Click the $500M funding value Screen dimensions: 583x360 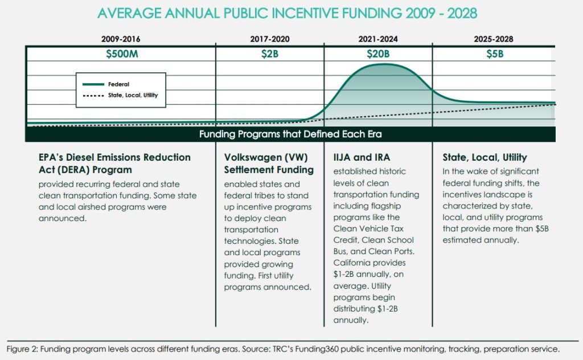[x=122, y=54]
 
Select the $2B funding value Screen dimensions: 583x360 [x=269, y=54]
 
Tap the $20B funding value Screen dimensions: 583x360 [x=378, y=54]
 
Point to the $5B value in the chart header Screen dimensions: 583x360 [x=495, y=54]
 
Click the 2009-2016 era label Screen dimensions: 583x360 [x=121, y=39]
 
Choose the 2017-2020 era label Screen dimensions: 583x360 [x=269, y=39]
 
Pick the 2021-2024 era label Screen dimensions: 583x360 [x=378, y=39]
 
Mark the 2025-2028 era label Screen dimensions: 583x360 [x=494, y=39]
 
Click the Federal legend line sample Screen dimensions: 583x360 [x=93, y=84]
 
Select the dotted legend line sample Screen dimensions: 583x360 [x=93, y=96]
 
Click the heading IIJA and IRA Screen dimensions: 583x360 [x=362, y=157]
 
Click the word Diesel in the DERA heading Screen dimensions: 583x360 [x=81, y=157]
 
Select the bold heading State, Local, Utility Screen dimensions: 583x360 [x=485, y=158]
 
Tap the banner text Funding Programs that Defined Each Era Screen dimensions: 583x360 [x=290, y=134]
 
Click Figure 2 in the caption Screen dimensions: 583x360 [x=22, y=349]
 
